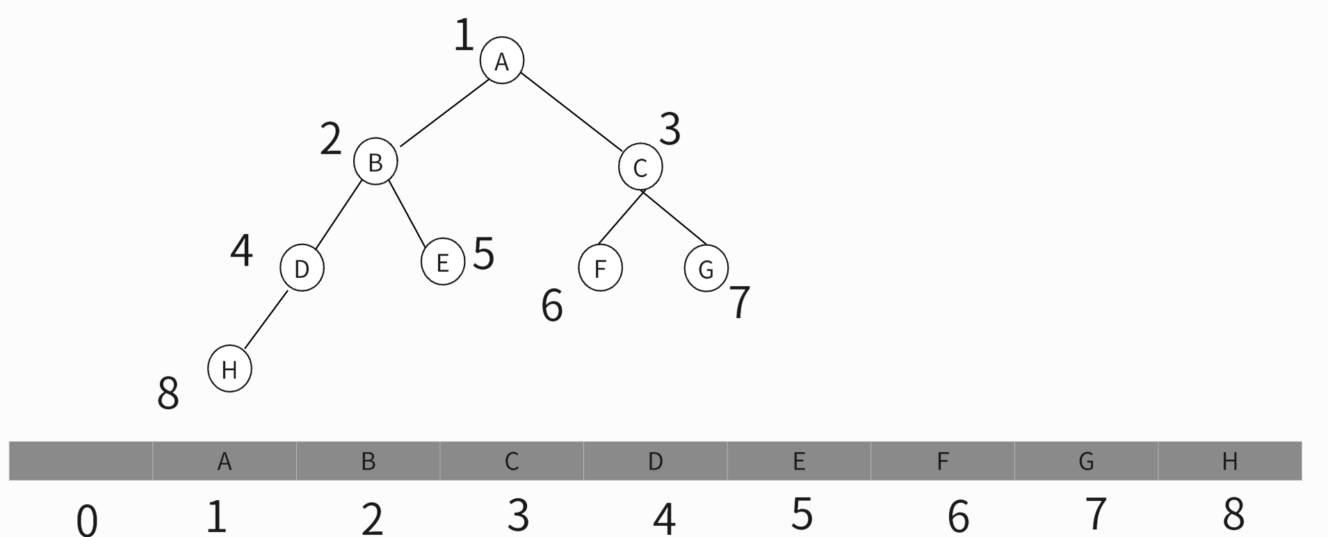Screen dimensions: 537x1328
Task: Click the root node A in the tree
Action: [x=501, y=61]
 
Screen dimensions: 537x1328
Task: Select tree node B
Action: [x=375, y=162]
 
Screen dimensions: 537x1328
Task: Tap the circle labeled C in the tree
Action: [x=640, y=167]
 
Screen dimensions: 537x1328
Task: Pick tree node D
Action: [x=302, y=268]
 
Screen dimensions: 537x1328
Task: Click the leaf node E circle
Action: [x=442, y=263]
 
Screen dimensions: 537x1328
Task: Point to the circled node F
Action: [x=600, y=267]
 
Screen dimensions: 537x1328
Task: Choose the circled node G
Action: [x=706, y=268]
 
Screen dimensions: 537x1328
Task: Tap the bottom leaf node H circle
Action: [x=229, y=370]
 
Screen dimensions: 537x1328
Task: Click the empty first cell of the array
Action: [x=81, y=461]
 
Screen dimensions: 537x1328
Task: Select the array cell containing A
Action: [x=224, y=461]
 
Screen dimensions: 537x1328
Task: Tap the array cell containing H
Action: [x=1229, y=461]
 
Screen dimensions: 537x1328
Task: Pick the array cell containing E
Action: [x=798, y=461]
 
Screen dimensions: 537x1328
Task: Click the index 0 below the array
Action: [x=87, y=520]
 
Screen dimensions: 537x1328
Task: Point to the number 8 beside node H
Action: [x=168, y=393]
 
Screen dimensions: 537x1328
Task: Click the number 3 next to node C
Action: [x=670, y=129]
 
